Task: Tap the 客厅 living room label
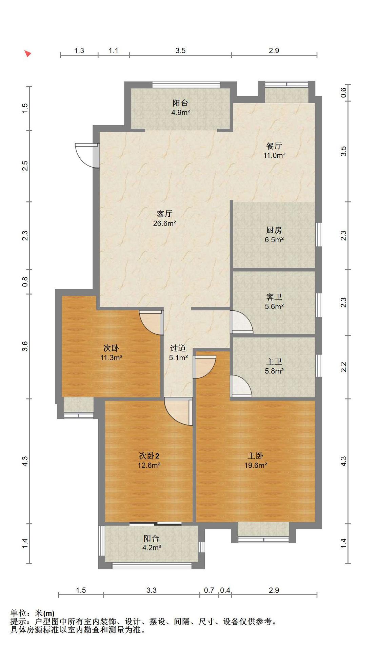point(164,214)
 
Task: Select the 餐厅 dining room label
point(274,146)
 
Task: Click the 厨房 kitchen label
point(274,230)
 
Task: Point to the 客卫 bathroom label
point(274,297)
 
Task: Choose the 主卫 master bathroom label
point(274,362)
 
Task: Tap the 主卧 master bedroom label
point(255,456)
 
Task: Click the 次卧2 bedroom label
point(149,456)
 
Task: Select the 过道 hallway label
point(178,348)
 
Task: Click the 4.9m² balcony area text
point(180,112)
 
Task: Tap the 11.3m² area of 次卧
point(111,357)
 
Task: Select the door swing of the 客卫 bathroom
point(241,322)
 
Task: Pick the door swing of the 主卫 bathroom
point(241,386)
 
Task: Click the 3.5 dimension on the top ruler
point(180,50)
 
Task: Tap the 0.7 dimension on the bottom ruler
point(209,590)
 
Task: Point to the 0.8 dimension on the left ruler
point(25,282)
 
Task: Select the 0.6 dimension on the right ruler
point(343,92)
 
